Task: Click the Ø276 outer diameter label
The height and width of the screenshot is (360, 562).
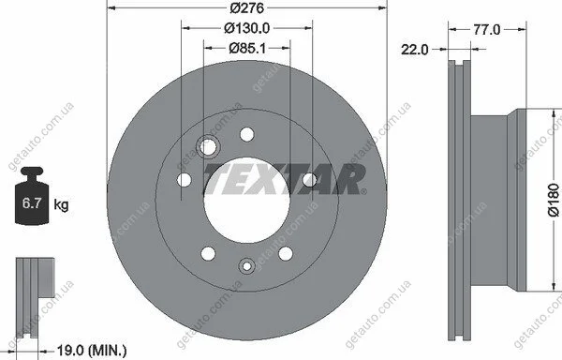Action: coord(247,7)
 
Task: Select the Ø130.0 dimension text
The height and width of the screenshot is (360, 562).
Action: coord(247,28)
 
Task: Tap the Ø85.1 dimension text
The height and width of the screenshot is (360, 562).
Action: coord(247,48)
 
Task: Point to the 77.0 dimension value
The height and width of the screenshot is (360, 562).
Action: coord(486,29)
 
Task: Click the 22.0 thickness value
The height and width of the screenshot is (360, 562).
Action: coord(415,50)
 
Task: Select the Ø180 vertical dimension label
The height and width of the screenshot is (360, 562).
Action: coord(554,200)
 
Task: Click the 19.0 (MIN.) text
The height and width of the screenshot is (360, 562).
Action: coord(92,350)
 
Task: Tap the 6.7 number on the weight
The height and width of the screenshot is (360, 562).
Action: coord(32,203)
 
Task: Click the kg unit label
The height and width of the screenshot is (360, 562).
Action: coord(61,205)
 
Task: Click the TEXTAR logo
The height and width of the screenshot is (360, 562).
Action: coord(286,179)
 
